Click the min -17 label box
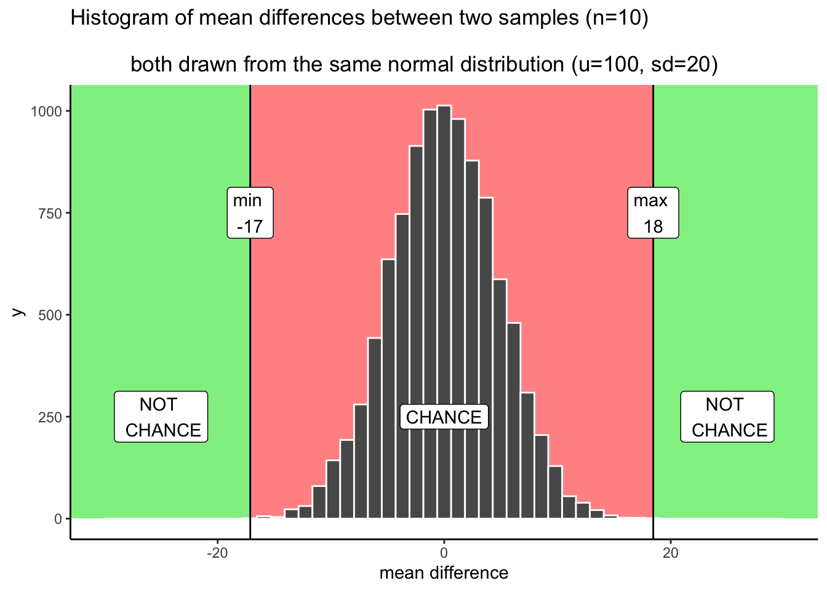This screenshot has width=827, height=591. (x=250, y=213)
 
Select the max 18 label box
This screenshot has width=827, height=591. (x=653, y=213)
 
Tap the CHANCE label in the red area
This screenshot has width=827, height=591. (x=444, y=417)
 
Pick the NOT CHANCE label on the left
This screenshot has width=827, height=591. (x=161, y=417)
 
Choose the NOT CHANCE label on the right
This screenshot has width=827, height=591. (x=727, y=417)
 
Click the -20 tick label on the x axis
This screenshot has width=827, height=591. (x=217, y=553)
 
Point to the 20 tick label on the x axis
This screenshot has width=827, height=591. (x=670, y=553)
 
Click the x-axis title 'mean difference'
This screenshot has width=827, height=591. (x=444, y=573)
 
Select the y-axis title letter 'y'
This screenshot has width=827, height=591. (x=19, y=312)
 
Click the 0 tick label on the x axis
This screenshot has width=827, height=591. (x=444, y=553)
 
